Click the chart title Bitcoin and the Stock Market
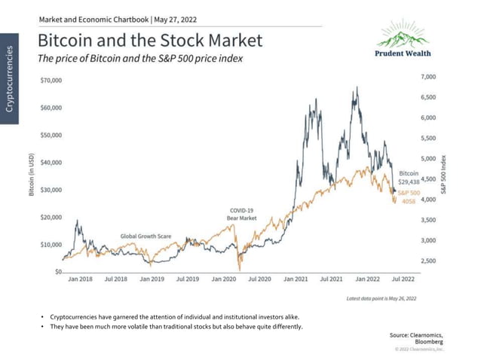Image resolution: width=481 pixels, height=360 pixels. (x=149, y=39)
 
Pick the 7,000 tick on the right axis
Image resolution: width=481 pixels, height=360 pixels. (x=427, y=77)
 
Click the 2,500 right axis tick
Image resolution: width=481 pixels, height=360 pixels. (x=427, y=261)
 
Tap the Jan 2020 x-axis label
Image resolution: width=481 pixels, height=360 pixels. (x=224, y=278)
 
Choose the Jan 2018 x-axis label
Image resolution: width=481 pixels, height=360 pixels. (x=81, y=278)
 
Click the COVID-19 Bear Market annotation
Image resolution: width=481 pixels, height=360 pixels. (x=242, y=214)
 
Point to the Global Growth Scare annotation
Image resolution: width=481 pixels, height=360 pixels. (x=146, y=236)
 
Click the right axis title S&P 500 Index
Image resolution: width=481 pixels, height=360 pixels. (x=446, y=175)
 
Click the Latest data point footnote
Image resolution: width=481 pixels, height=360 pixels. (x=381, y=299)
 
